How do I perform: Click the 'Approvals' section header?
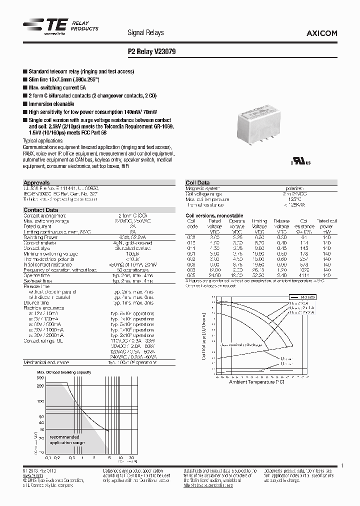click(36, 183)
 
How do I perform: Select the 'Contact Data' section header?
click(41, 210)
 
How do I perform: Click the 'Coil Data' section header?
click(197, 183)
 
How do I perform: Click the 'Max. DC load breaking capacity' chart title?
click(63, 373)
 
